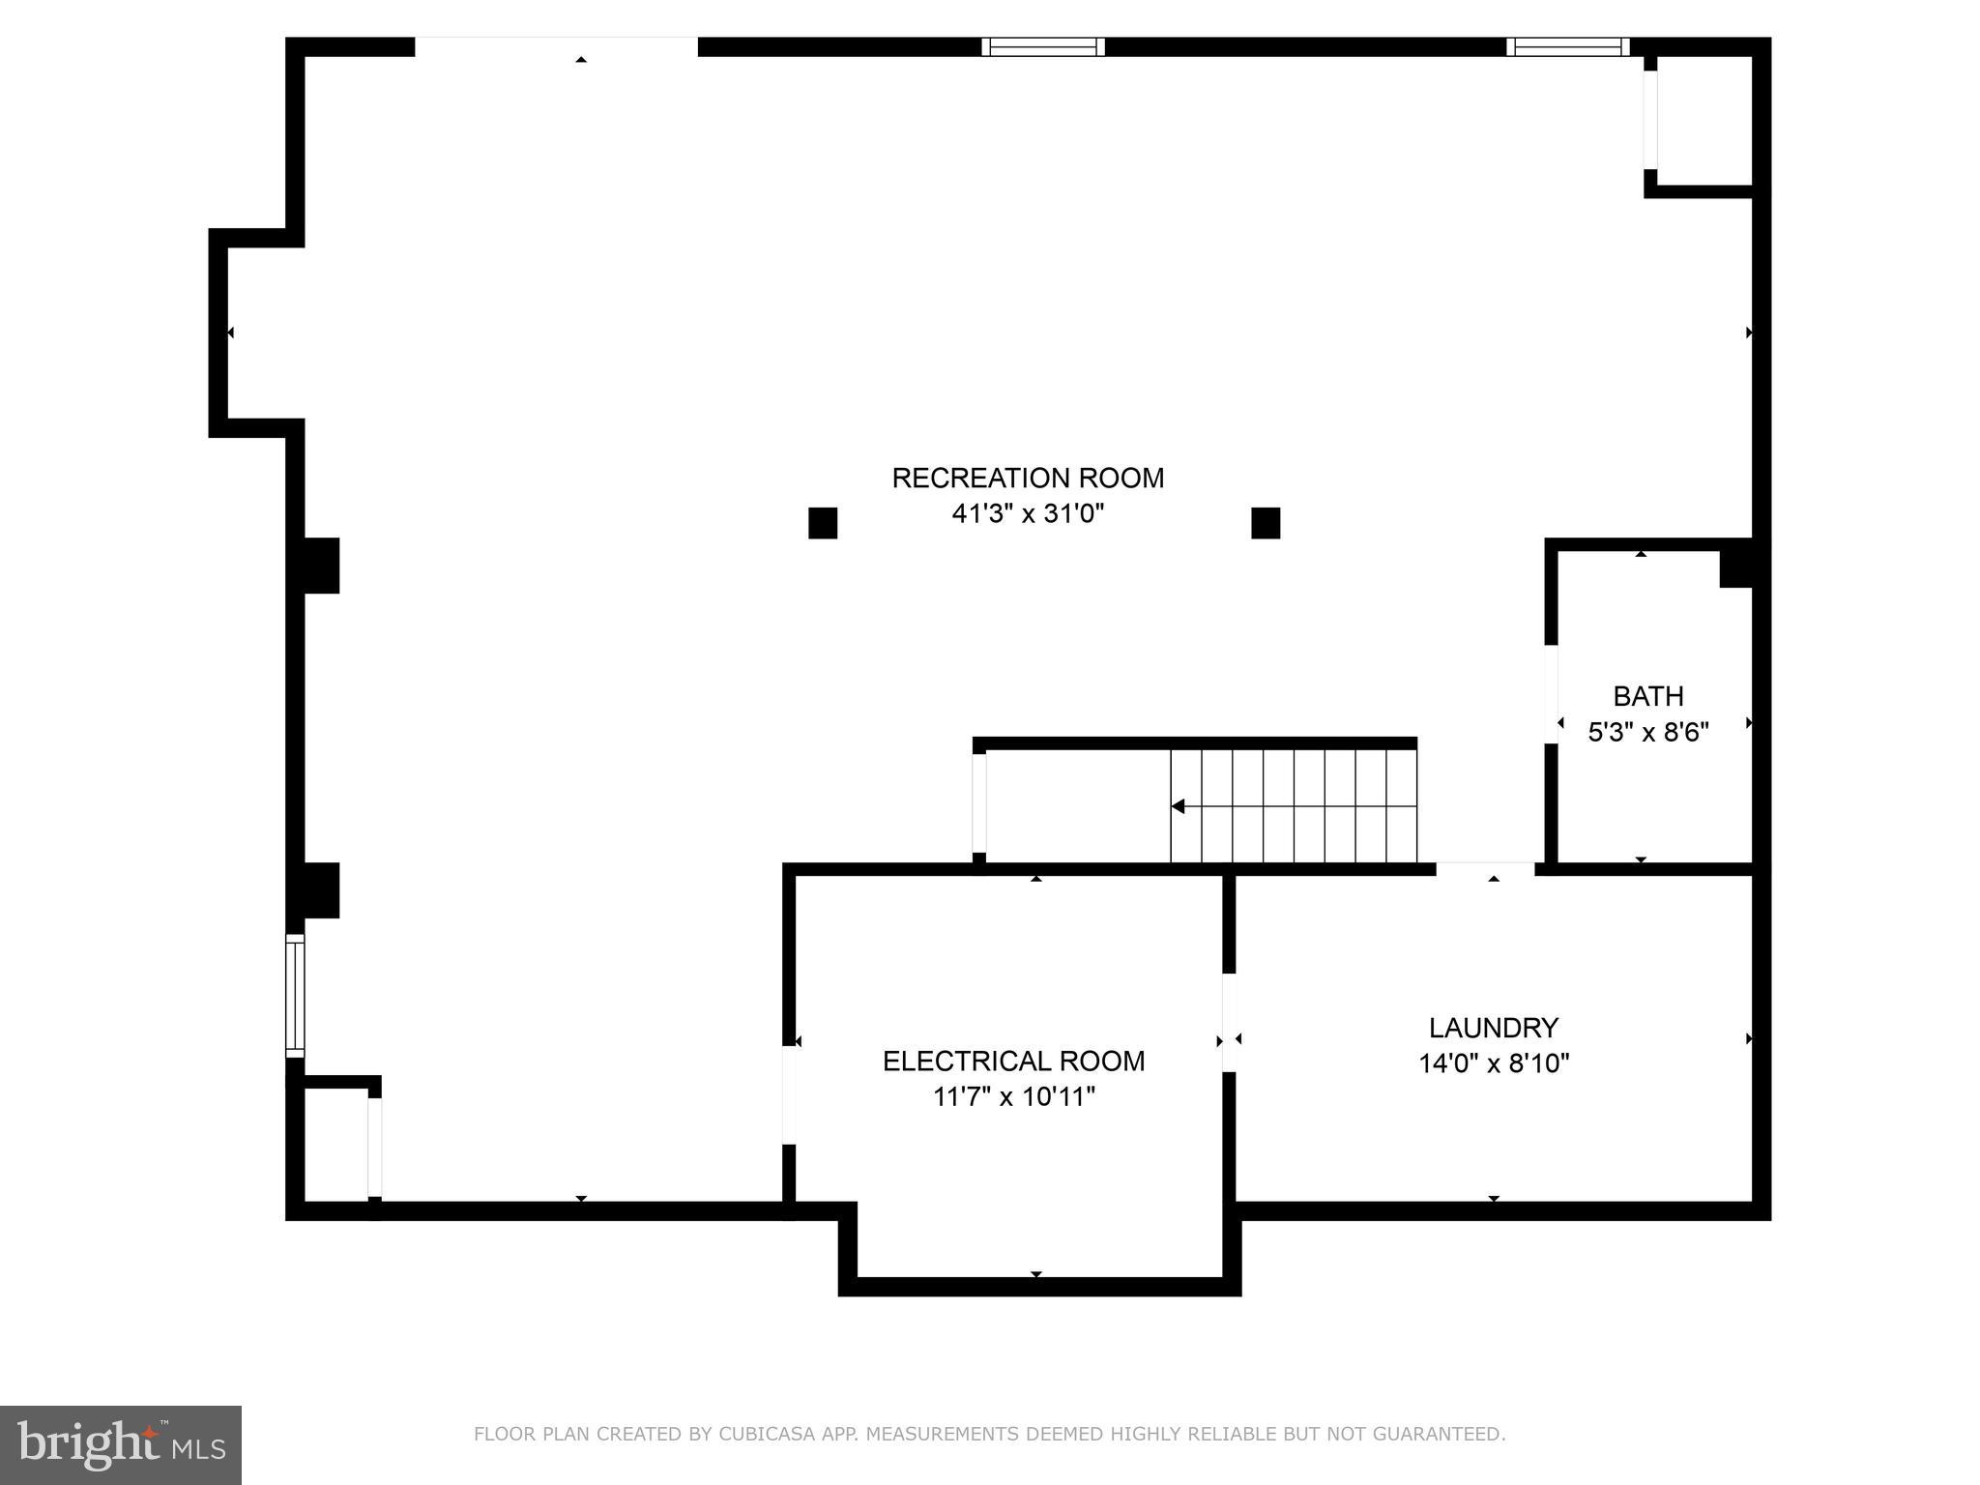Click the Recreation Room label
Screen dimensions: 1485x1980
(x=1027, y=478)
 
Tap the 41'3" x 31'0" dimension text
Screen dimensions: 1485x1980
(x=1027, y=513)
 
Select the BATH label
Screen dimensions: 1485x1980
(x=1647, y=696)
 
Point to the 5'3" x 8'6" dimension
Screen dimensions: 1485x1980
(x=1647, y=732)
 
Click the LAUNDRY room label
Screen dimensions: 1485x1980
(x=1493, y=1027)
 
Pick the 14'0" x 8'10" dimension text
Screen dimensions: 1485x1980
(x=1493, y=1063)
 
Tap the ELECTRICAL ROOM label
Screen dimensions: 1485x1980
(x=1013, y=1061)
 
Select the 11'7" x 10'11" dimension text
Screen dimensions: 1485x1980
(x=1013, y=1096)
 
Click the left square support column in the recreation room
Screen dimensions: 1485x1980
(x=822, y=523)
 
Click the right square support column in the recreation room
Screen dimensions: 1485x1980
(x=1265, y=523)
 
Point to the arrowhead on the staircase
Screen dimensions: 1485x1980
(x=1178, y=806)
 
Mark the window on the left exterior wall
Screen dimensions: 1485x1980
(x=295, y=995)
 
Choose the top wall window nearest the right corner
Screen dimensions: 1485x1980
(x=1567, y=47)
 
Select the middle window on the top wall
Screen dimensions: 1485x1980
(x=1042, y=47)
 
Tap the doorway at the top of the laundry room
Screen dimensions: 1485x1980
(x=1484, y=869)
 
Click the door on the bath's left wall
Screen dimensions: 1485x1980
(x=1551, y=693)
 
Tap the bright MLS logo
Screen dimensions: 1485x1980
(x=121, y=1444)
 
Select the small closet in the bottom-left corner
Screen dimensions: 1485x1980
(x=335, y=1145)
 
